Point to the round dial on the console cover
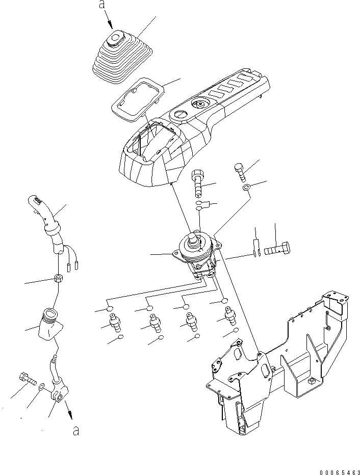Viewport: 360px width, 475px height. point(199,104)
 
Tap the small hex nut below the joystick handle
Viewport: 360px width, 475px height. point(58,278)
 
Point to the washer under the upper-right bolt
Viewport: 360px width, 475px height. point(246,189)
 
